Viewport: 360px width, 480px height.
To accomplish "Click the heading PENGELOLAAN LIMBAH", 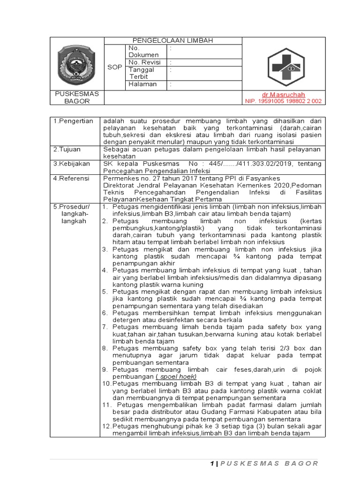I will click(x=173, y=41).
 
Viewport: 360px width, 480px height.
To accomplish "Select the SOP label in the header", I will click(x=114, y=67).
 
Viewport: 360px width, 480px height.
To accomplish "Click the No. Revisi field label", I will click(x=144, y=62).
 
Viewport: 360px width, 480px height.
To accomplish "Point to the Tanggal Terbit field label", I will click(x=141, y=73).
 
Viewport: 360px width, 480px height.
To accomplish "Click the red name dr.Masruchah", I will click(x=285, y=94).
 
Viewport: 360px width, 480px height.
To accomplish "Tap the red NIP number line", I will click(x=284, y=101).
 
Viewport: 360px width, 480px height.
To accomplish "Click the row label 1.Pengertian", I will click(x=73, y=121).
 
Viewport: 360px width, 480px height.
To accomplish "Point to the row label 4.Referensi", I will click(x=71, y=178).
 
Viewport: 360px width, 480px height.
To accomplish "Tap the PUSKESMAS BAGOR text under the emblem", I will click(x=76, y=97).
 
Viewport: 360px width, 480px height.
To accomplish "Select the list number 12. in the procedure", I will click(x=107, y=427).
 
